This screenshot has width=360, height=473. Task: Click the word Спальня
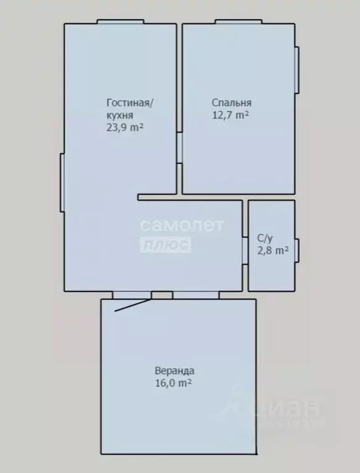click(231, 103)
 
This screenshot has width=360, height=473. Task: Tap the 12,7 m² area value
click(230, 115)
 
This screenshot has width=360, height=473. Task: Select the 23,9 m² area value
click(125, 127)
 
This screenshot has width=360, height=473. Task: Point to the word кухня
click(119, 115)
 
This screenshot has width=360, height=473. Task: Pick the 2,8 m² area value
click(272, 250)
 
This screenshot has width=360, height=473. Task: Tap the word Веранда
click(174, 371)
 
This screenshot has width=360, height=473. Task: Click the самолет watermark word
click(181, 226)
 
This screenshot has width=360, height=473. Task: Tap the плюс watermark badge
click(166, 245)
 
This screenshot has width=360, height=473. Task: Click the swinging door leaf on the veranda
click(133, 305)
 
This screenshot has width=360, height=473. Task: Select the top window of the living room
click(120, 22)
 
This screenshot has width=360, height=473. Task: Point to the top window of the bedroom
click(238, 22)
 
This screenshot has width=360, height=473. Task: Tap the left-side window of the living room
click(62, 182)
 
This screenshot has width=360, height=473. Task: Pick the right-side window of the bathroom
click(297, 250)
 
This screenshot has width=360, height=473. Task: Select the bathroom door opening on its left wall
click(245, 248)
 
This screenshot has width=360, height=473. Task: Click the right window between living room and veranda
click(195, 295)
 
